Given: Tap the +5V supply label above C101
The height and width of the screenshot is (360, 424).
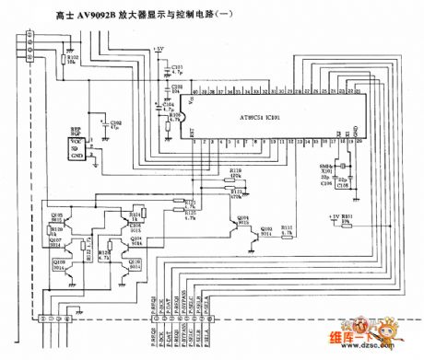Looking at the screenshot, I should [159, 49].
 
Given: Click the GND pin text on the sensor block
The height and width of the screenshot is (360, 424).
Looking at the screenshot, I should [77, 157].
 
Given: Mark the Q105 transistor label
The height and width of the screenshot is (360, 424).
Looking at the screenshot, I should [58, 215].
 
